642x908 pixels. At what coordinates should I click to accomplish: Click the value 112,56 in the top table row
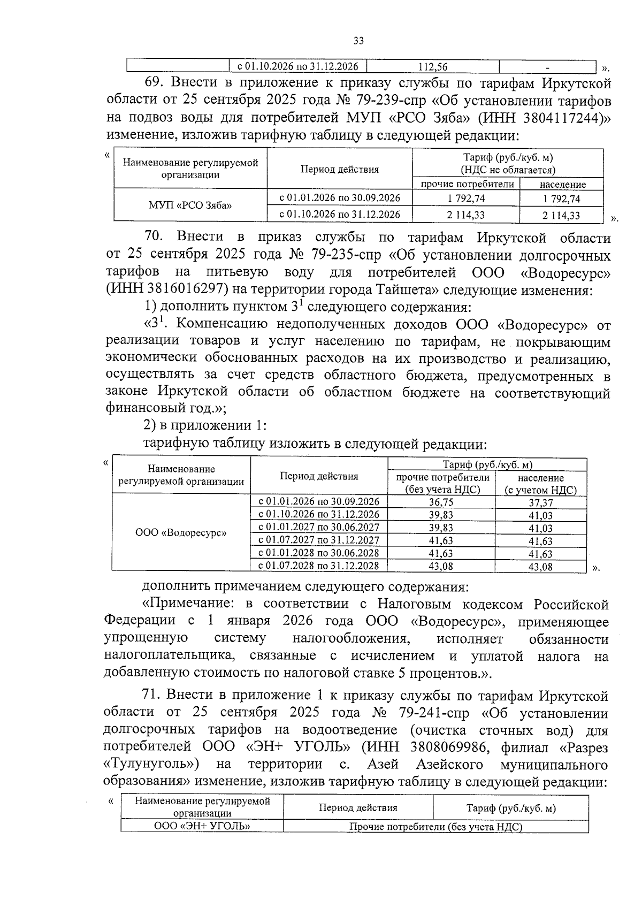coord(433,67)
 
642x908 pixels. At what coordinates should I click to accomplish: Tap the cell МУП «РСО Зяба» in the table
coord(190,204)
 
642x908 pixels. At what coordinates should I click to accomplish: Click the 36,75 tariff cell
coord(441,502)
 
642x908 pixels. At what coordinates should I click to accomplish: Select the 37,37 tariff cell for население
coord(540,503)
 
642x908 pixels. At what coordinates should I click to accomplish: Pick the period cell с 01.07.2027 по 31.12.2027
coord(319,540)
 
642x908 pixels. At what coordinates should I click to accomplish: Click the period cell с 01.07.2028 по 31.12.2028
coord(319,566)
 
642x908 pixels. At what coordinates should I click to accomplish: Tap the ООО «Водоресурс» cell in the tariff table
coord(181,533)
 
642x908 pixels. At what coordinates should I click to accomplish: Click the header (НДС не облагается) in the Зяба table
coord(508,170)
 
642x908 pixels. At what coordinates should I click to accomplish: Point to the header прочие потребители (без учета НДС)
coord(442,483)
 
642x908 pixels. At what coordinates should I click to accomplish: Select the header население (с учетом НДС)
coord(540,483)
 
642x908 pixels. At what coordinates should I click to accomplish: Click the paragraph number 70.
coord(156,237)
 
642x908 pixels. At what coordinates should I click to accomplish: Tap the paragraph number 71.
coord(152,695)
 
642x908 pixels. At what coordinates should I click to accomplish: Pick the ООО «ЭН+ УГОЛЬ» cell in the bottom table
coord(202,826)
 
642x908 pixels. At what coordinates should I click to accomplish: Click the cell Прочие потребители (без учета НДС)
coord(435,827)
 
